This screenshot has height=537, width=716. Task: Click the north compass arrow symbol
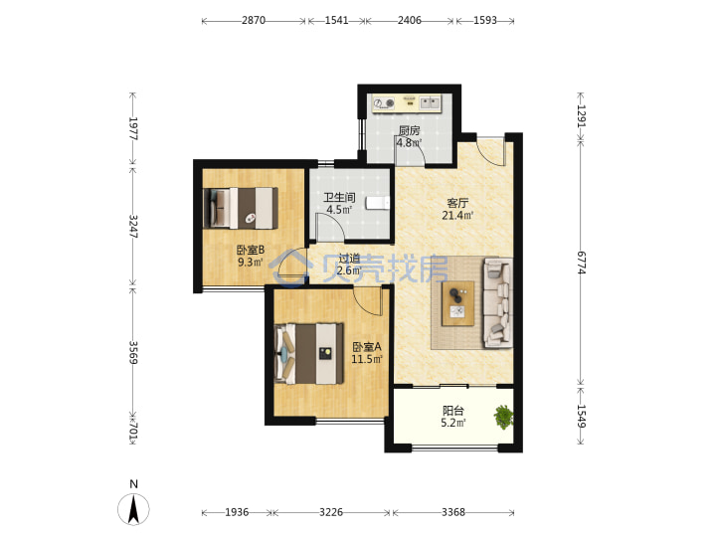[133, 509]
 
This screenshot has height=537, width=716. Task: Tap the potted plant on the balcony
[503, 417]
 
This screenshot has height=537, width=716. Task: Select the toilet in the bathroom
[377, 203]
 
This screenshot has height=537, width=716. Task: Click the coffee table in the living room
[457, 303]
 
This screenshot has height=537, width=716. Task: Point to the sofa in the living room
[497, 302]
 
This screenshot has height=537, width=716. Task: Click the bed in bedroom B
[241, 208]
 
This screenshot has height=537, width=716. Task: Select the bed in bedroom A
[309, 353]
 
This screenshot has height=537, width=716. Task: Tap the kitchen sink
[431, 102]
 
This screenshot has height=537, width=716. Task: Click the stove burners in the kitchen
[383, 103]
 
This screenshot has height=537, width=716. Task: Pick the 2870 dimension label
[254, 21]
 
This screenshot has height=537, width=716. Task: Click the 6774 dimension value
[582, 263]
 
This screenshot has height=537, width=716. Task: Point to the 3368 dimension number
[453, 512]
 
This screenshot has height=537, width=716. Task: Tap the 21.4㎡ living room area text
[457, 215]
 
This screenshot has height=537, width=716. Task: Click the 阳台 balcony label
[453, 411]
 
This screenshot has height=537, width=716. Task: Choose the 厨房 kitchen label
[409, 130]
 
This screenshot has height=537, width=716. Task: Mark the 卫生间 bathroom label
[339, 198]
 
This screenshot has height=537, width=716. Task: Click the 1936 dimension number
[237, 512]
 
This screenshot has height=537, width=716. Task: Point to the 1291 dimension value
[582, 116]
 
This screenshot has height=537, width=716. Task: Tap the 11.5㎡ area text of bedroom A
[367, 359]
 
